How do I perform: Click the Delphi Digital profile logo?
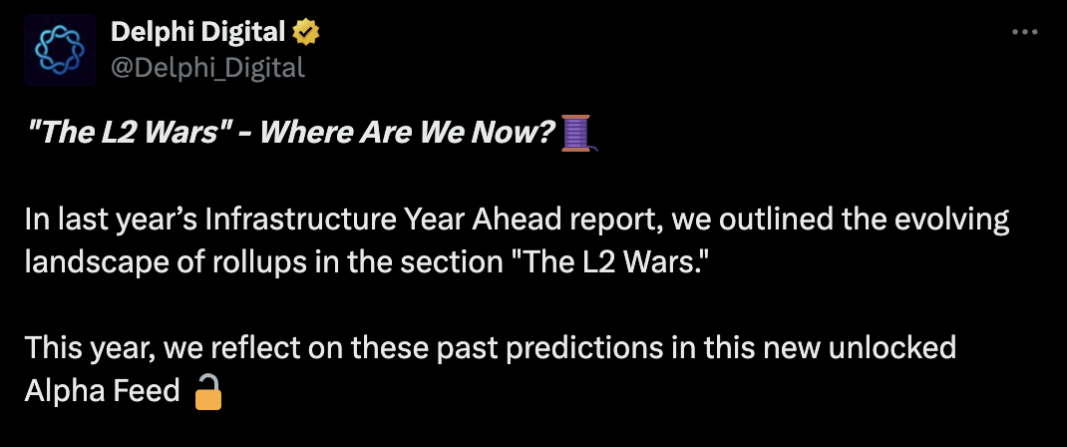[60, 50]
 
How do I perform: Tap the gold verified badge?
[306, 32]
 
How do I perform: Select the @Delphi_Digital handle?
[207, 68]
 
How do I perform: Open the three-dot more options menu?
[1025, 32]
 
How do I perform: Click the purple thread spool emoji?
[577, 134]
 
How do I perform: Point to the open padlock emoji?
[208, 392]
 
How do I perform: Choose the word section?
[455, 262]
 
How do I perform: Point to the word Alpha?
[64, 392]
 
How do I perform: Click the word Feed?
[147, 390]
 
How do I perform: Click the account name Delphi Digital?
[197, 31]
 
